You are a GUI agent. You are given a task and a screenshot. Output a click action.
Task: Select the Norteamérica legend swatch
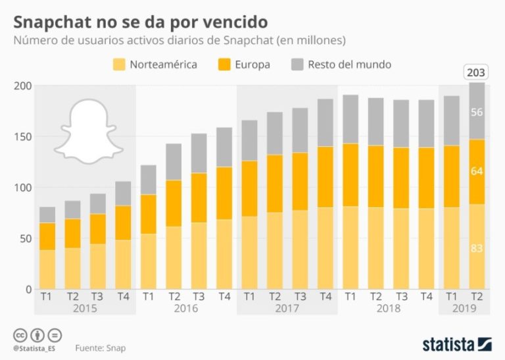pyautogui.click(x=119, y=64)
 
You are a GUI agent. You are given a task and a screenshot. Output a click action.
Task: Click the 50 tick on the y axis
pyautogui.click(x=24, y=238)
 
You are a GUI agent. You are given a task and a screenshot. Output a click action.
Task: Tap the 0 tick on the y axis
pyautogui.click(x=28, y=289)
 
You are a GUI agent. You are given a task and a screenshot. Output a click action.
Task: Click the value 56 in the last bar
pyautogui.click(x=477, y=112)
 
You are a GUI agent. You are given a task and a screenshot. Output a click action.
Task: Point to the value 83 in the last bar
pyautogui.click(x=477, y=247)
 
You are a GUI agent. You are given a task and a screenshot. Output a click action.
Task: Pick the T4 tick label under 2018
pyautogui.click(x=427, y=297)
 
